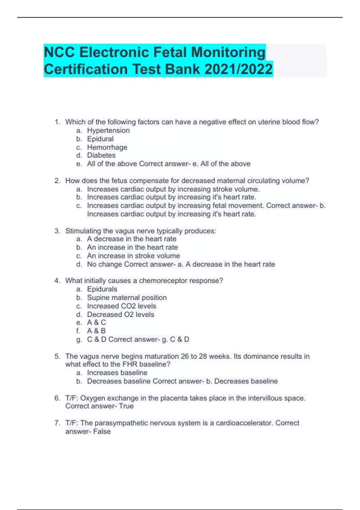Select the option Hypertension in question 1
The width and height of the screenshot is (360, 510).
[x=108, y=130]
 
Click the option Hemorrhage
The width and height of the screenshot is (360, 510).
[x=107, y=147]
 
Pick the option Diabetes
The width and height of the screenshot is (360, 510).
[x=101, y=155]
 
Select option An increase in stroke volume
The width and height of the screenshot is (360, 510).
[x=133, y=256]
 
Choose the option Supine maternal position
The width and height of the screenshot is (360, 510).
[x=127, y=298]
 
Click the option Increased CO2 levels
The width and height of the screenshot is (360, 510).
[x=121, y=306]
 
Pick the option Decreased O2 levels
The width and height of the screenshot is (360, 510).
[x=121, y=314]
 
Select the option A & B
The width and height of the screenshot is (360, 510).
[x=96, y=331]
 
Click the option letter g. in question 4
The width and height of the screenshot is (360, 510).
[x=79, y=340]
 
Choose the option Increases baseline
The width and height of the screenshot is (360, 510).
[x=117, y=373]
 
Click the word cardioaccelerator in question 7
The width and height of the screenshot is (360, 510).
[x=244, y=423]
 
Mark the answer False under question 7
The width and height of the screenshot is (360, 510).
[x=102, y=431]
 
